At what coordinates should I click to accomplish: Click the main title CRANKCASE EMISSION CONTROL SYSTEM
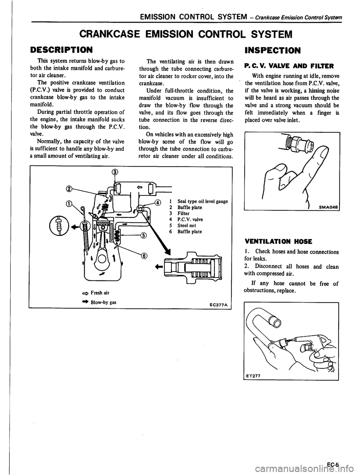[x=180, y=35]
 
